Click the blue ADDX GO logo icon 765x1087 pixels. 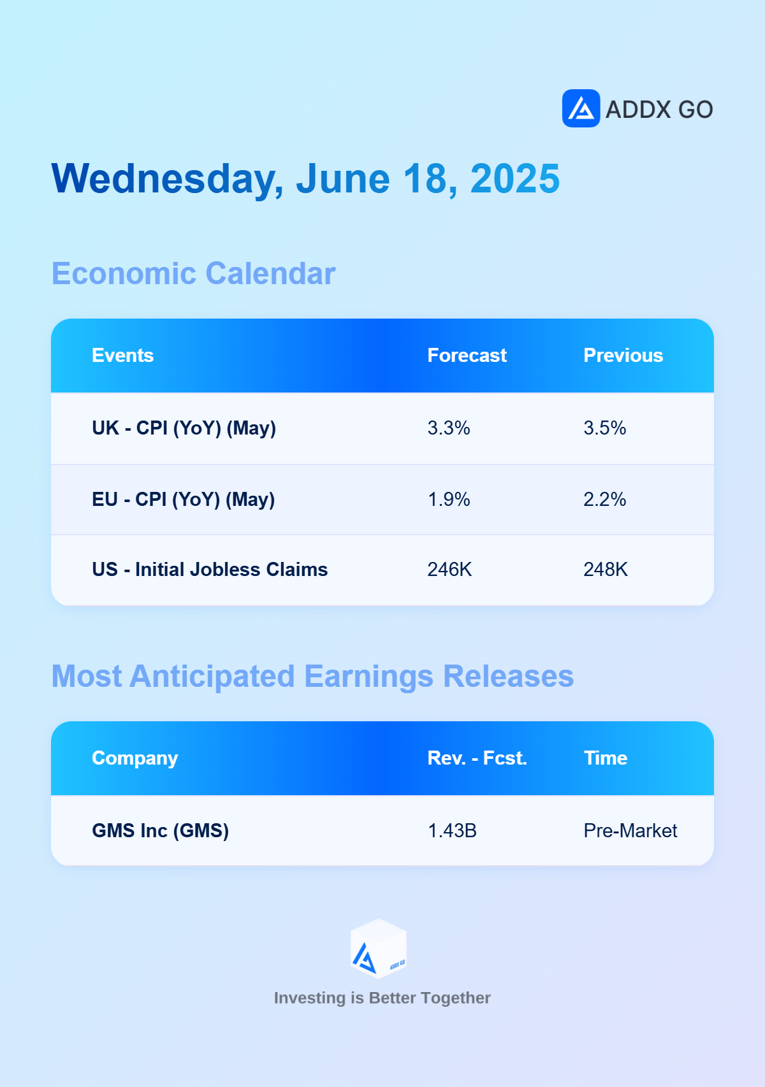tap(581, 108)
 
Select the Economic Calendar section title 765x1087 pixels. tap(193, 274)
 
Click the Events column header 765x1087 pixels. tap(123, 356)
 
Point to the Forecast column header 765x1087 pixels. tap(467, 356)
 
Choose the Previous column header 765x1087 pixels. tap(623, 356)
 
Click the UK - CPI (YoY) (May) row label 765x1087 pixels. tap(184, 428)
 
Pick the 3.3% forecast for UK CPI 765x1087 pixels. tap(449, 428)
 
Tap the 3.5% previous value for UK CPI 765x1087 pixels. tap(605, 428)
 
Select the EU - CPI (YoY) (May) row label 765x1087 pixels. tap(184, 500)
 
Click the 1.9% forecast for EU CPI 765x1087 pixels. tap(449, 500)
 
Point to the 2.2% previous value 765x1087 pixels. tap(605, 500)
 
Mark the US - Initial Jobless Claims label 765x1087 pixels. tap(210, 570)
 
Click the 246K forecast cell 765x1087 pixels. tap(449, 570)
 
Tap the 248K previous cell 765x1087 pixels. tap(606, 570)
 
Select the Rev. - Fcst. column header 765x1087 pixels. tap(477, 758)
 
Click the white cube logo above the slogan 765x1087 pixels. tap(379, 948)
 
